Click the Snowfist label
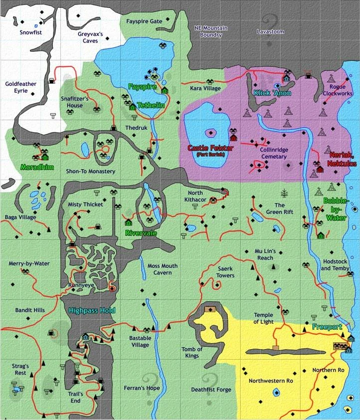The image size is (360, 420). click(30, 32)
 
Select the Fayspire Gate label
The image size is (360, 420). click(144, 21)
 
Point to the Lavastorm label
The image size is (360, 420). click(270, 31)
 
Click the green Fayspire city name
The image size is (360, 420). click(142, 86)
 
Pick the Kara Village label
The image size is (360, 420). click(205, 88)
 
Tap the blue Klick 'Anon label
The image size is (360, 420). click(272, 93)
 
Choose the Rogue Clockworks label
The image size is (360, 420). click(334, 90)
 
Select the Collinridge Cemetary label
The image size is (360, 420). click(273, 153)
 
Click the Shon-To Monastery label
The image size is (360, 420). click(90, 171)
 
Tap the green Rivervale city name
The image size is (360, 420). click(141, 232)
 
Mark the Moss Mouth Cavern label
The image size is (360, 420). click(159, 269)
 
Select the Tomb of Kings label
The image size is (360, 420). click(191, 352)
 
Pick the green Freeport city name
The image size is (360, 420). click(327, 327)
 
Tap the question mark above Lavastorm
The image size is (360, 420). click(272, 21)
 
